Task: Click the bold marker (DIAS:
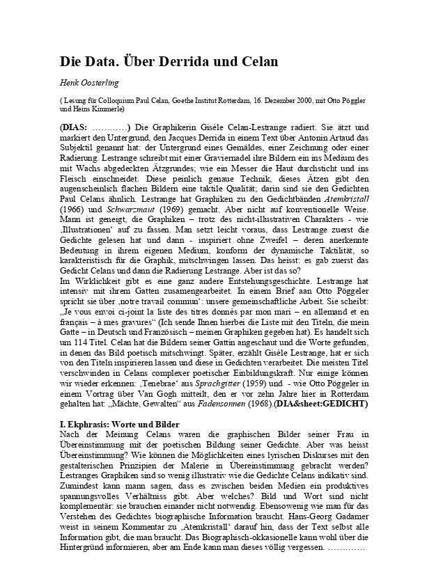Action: pyautogui.click(x=74, y=128)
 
